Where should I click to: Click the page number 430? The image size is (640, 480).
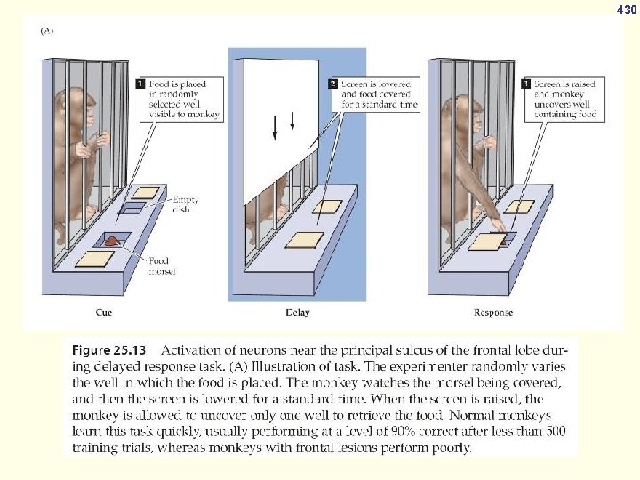[627, 10]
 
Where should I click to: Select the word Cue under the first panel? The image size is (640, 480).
[104, 312]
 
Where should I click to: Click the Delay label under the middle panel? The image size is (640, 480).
[298, 312]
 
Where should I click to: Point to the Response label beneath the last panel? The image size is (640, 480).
[493, 312]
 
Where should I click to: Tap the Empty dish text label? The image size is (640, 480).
[185, 204]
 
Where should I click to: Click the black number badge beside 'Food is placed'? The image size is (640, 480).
[140, 84]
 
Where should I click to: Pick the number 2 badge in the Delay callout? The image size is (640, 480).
[333, 84]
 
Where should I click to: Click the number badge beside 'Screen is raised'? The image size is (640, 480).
[526, 84]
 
